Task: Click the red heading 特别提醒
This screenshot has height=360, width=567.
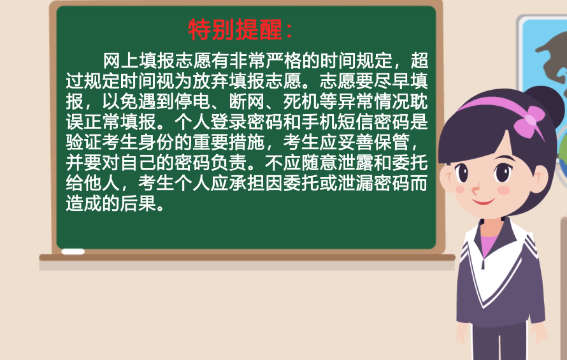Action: [235, 29]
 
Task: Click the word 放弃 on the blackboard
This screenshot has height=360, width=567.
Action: [211, 81]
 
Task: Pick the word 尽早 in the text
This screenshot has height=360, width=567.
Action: [392, 81]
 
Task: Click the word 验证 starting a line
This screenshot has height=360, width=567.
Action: [84, 142]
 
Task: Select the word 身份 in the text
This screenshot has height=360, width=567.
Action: [157, 142]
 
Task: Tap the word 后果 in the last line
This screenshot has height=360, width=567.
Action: [138, 203]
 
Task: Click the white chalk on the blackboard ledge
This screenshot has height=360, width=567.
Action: [73, 252]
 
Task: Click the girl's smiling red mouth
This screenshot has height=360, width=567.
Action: [483, 201]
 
